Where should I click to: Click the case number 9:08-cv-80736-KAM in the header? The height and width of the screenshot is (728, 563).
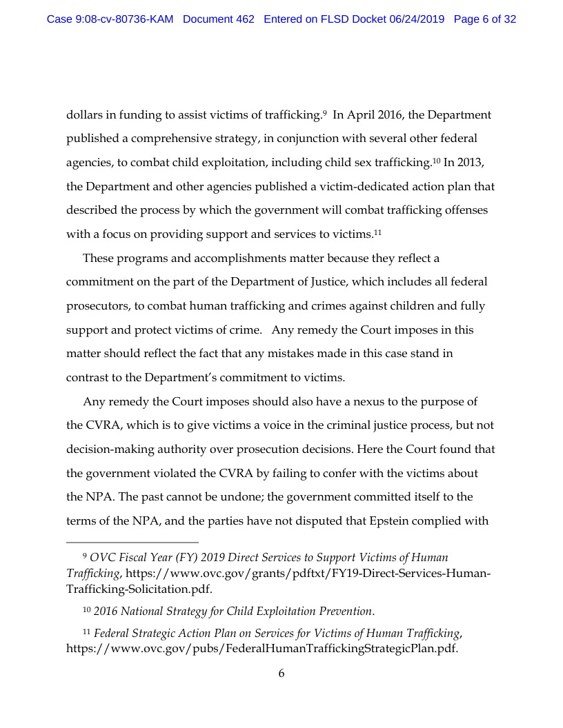(x=110, y=19)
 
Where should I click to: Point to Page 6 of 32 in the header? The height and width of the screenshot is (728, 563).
(x=485, y=19)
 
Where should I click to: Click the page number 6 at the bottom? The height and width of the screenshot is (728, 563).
(x=281, y=674)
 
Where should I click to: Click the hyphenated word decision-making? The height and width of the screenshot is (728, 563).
(x=112, y=449)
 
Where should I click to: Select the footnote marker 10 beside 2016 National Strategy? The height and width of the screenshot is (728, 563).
(x=86, y=609)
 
